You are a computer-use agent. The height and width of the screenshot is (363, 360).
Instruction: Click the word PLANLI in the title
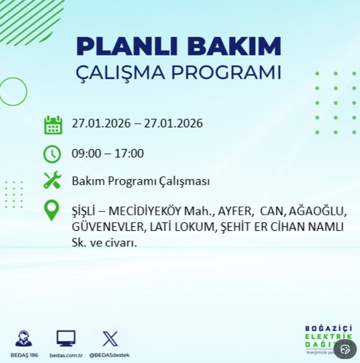(x=127, y=46)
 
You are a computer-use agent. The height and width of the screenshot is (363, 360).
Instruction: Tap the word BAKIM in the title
(x=234, y=46)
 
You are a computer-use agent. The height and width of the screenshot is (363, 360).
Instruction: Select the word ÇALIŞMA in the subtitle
(x=120, y=73)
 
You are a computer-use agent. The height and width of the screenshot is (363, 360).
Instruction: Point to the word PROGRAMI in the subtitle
(x=226, y=72)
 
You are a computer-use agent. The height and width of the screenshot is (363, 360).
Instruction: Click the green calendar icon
(x=53, y=125)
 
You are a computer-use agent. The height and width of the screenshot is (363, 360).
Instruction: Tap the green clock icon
(x=52, y=154)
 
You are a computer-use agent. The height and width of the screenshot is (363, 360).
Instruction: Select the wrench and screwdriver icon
(x=53, y=180)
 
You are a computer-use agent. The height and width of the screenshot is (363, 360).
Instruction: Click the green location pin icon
(x=52, y=210)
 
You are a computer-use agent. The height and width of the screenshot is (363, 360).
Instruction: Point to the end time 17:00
(x=129, y=154)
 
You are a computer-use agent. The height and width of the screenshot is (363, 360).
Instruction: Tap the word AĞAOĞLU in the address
(x=318, y=211)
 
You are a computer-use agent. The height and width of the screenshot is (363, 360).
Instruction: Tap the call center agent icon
(x=24, y=338)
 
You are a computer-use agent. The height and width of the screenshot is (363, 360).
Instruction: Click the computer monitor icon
(x=66, y=338)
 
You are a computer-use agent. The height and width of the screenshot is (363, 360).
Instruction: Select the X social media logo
(x=110, y=339)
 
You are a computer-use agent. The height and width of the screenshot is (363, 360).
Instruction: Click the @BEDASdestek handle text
(x=110, y=355)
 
